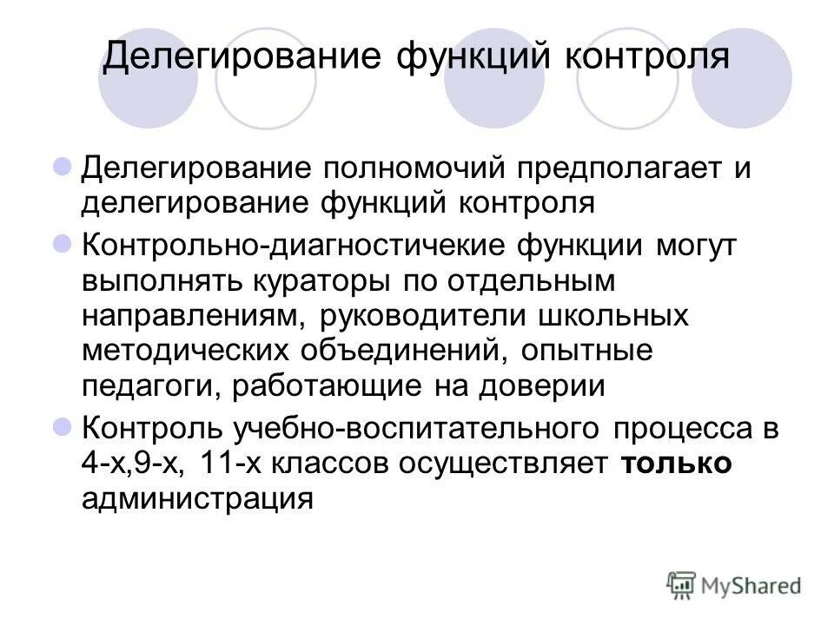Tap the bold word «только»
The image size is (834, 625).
click(x=677, y=464)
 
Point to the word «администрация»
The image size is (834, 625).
click(x=196, y=499)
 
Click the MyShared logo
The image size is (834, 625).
click(x=735, y=584)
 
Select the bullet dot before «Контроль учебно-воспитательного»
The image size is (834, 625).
click(x=63, y=427)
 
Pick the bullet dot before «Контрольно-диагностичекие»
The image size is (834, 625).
click(x=63, y=243)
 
